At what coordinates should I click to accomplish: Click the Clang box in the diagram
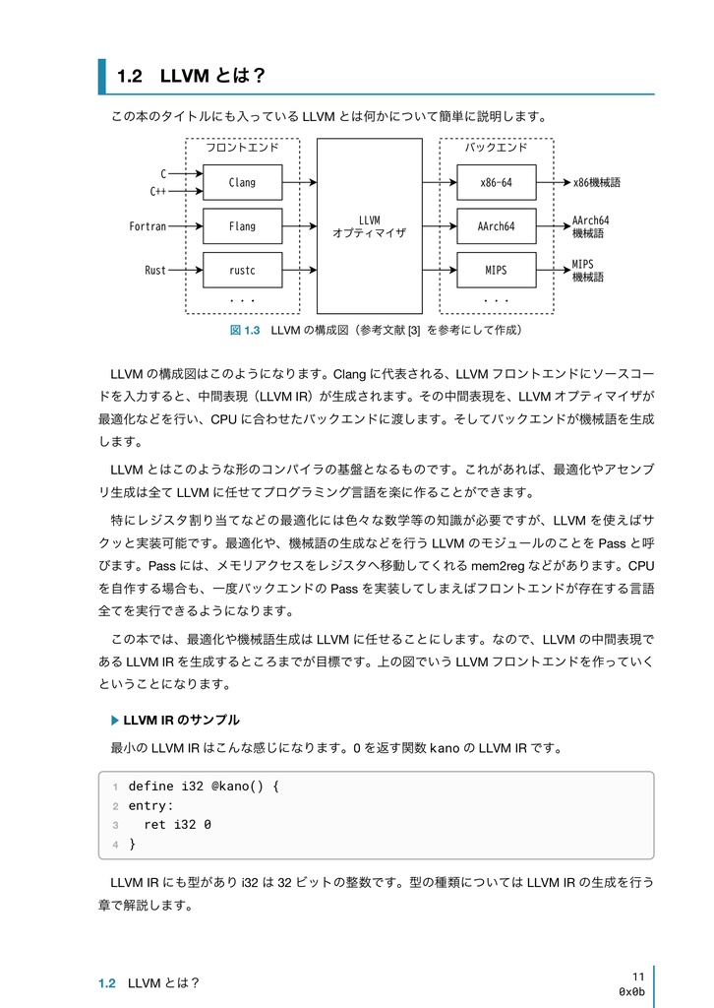(242, 182)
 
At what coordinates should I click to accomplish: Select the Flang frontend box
(242, 226)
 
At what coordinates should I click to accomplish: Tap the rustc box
(242, 270)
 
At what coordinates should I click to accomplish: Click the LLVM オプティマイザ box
(369, 225)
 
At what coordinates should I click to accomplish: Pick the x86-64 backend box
(496, 182)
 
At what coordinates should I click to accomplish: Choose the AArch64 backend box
(496, 226)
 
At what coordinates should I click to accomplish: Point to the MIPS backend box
(496, 270)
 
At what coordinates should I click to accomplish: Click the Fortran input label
(148, 226)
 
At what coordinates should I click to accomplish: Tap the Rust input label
(155, 270)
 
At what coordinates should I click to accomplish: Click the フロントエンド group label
(241, 148)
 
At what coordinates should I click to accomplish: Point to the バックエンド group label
(496, 148)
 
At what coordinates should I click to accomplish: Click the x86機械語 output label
(597, 182)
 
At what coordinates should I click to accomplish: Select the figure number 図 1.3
(244, 330)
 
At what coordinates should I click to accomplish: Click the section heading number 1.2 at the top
(130, 76)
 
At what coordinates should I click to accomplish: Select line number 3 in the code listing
(115, 825)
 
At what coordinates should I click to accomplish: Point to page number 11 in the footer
(638, 976)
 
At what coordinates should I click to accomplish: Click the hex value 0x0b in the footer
(631, 991)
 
